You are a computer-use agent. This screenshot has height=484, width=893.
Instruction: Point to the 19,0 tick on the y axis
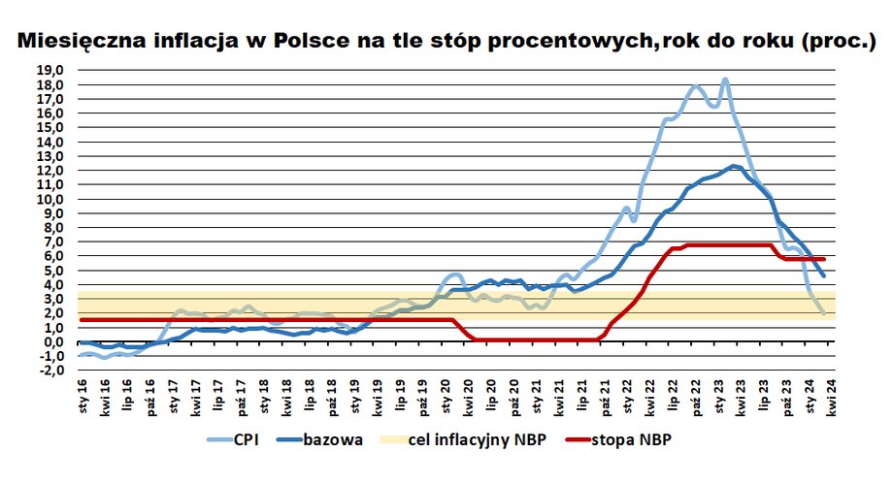(50, 71)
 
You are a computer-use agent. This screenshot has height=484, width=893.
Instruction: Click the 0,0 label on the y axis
(52, 342)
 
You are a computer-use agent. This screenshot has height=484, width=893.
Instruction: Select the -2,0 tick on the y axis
(50, 371)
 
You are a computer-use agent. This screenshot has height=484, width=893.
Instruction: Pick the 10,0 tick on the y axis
(50, 200)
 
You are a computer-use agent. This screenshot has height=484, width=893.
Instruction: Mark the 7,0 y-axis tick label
(52, 242)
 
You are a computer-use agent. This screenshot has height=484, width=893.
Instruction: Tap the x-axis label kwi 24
(832, 398)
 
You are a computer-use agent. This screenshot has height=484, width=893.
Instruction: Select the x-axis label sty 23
(719, 398)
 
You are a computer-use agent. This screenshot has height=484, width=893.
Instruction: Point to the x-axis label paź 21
(605, 398)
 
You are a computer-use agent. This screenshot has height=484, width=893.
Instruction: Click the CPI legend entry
(248, 440)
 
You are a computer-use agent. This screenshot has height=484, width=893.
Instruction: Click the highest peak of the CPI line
(725, 81)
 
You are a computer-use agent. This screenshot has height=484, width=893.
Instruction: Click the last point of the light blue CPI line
(824, 313)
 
